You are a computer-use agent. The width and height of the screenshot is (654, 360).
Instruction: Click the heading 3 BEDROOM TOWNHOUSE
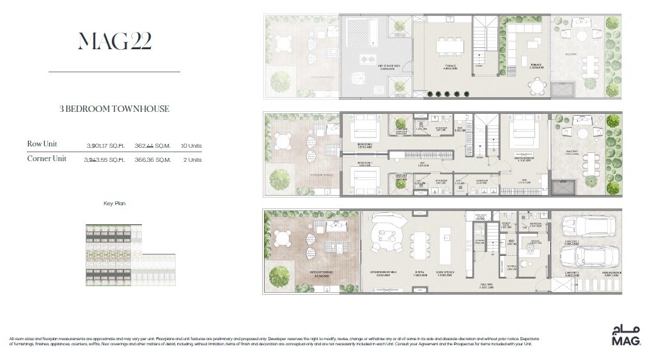tap(114, 109)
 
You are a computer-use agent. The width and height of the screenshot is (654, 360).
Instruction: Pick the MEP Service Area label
tap(373, 66)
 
